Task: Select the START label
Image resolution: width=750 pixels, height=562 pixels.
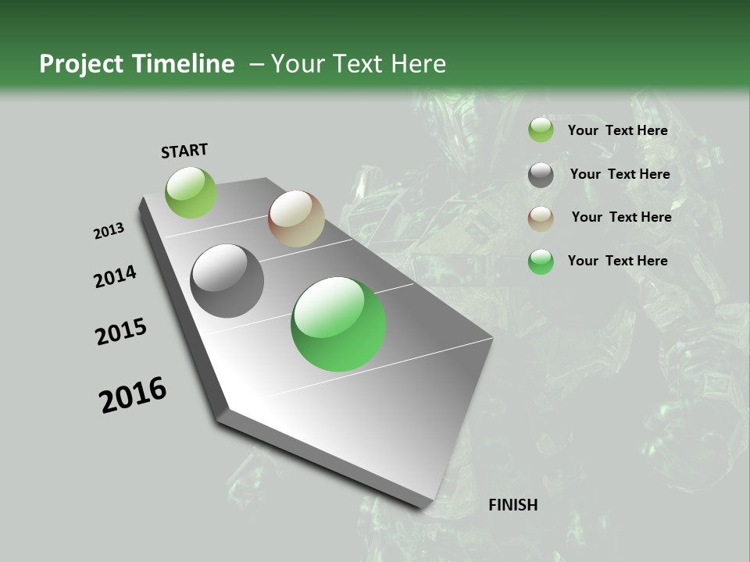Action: point(184,151)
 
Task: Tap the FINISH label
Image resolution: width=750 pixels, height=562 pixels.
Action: point(512,505)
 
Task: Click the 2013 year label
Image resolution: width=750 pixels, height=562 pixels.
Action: point(109,231)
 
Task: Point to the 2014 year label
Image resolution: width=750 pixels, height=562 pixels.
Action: point(116,276)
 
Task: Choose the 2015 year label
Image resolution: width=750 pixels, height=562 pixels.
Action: point(121,332)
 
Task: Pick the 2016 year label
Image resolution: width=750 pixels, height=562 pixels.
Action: point(133,395)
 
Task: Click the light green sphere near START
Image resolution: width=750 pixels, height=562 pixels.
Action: point(191,192)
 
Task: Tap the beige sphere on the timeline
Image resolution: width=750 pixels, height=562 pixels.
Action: point(296,219)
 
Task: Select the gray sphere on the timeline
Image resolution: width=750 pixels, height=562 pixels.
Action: point(227,281)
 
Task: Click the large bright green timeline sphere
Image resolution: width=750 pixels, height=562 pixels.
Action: point(338,324)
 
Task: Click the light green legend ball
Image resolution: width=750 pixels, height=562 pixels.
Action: point(541,130)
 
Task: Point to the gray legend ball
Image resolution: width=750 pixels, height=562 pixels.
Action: point(541,175)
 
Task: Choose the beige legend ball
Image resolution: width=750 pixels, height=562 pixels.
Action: point(541,219)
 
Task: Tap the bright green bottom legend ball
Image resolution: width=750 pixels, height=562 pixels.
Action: point(541,261)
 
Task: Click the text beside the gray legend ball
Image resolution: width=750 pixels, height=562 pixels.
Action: point(620,174)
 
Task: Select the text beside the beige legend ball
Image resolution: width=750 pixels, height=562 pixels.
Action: point(621,217)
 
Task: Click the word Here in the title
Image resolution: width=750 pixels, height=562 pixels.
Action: point(418,64)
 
